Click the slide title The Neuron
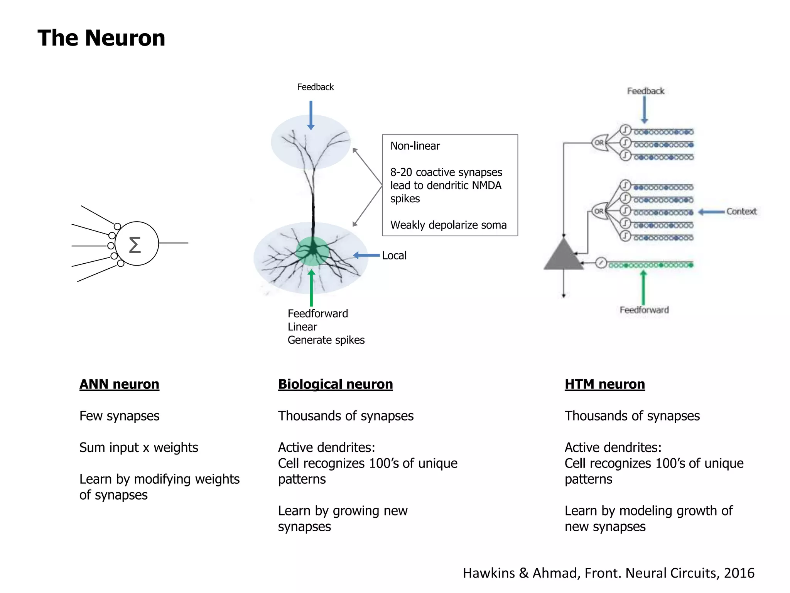coord(101,38)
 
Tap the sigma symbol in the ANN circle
coord(135,245)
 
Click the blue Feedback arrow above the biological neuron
coord(311,115)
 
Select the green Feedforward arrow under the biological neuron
coord(311,288)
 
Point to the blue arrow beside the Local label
coord(366,255)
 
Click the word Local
coord(394,256)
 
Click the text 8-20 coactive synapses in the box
coord(446,172)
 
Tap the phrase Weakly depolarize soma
coord(448,225)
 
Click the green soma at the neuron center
coord(312,251)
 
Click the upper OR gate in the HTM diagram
coord(599,142)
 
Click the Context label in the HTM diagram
coord(741,212)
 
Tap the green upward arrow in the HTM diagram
coord(643,288)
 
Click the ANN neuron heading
coord(119,384)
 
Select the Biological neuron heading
coord(335,384)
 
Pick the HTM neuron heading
coord(604,384)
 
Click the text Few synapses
coord(119,416)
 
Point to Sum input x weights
coord(138,447)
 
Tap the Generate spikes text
coord(326,340)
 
